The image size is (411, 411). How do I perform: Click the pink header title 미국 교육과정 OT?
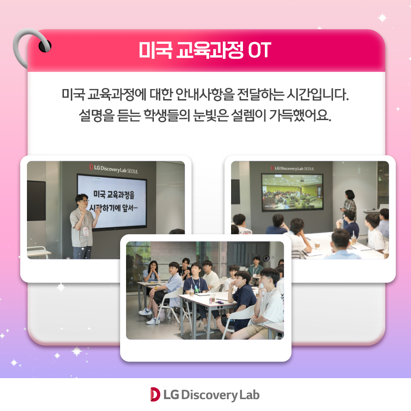205,50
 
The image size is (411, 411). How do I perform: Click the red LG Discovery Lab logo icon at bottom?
155,394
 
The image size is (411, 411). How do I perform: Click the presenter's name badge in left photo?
86,232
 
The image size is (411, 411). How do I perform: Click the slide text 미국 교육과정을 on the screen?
114,194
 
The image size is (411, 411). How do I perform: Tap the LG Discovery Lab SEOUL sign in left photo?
114,169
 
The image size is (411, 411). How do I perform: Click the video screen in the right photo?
292,192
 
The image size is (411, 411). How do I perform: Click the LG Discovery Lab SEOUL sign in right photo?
293,168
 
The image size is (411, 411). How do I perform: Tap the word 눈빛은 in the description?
211,115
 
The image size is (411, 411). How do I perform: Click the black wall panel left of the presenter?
36,200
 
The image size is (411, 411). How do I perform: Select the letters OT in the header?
259,50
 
